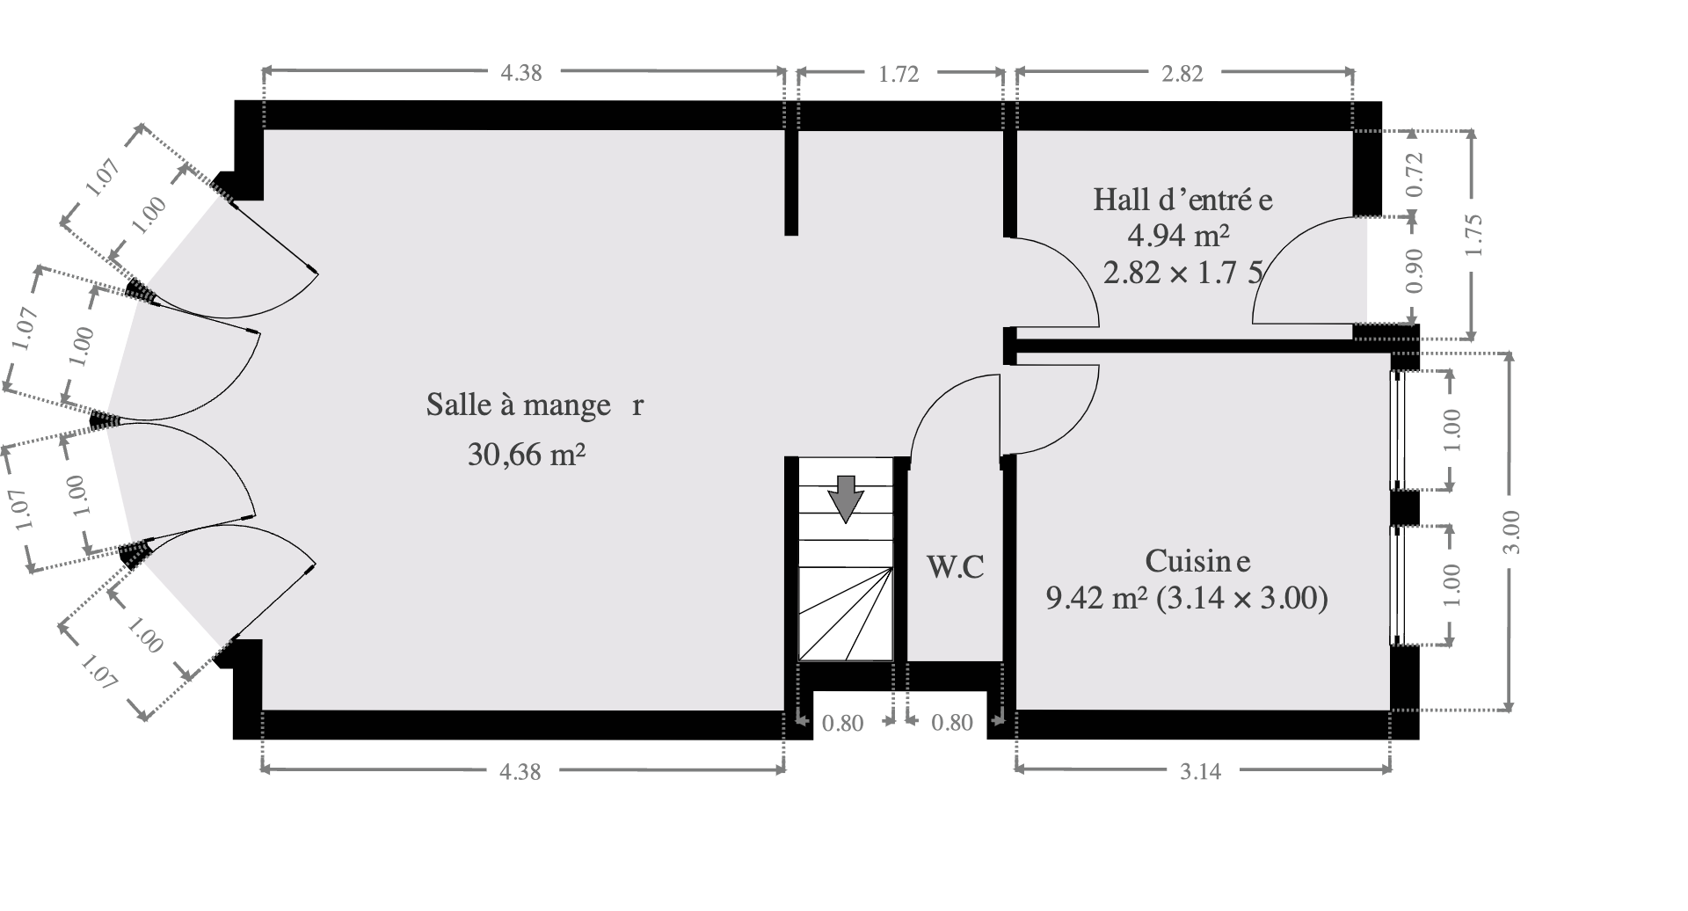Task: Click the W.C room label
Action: tap(956, 567)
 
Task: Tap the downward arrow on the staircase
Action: tap(846, 499)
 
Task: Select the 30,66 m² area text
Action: tap(527, 455)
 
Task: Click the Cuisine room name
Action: tap(1197, 560)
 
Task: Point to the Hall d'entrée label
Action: tap(1182, 200)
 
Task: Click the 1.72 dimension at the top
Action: tap(899, 74)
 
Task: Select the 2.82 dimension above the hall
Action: tap(1182, 74)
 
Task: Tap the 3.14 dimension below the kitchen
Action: tap(1201, 772)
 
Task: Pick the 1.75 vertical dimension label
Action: tap(1475, 236)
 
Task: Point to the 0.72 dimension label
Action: tap(1415, 174)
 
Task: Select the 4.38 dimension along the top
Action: tap(521, 74)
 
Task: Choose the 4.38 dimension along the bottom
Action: tap(520, 772)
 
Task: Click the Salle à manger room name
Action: tap(535, 404)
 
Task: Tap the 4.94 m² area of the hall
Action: tap(1177, 236)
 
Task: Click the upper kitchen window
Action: tap(1398, 430)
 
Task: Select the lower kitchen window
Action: tap(1398, 585)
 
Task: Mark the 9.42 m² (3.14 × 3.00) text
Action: tap(1186, 599)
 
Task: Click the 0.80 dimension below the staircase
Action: tap(843, 724)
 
